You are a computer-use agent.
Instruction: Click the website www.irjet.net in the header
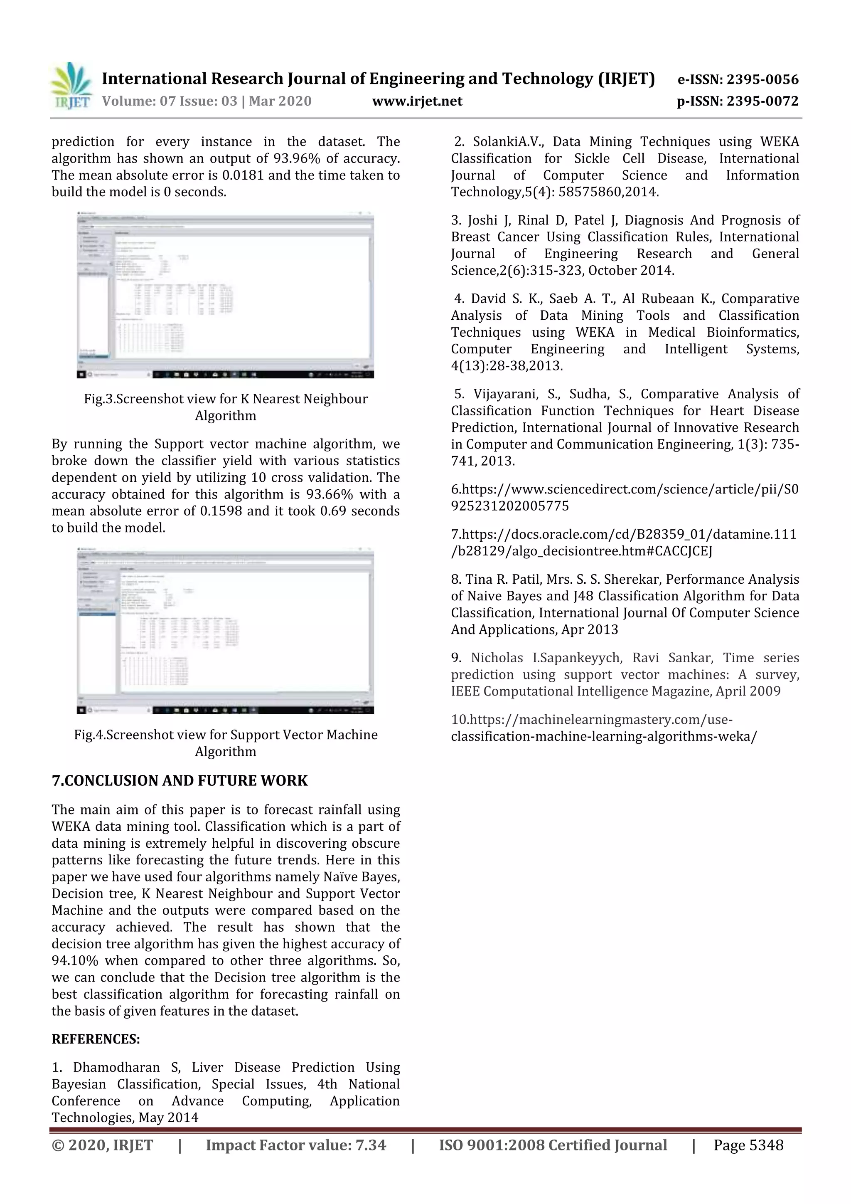417,101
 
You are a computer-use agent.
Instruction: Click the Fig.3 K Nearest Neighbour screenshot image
225,295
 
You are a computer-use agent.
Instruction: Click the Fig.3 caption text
225,407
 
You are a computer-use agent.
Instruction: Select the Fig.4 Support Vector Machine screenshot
225,631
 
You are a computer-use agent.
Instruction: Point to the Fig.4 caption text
225,743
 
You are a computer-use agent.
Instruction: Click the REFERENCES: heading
96,1039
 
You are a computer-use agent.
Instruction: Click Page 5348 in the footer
748,1145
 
